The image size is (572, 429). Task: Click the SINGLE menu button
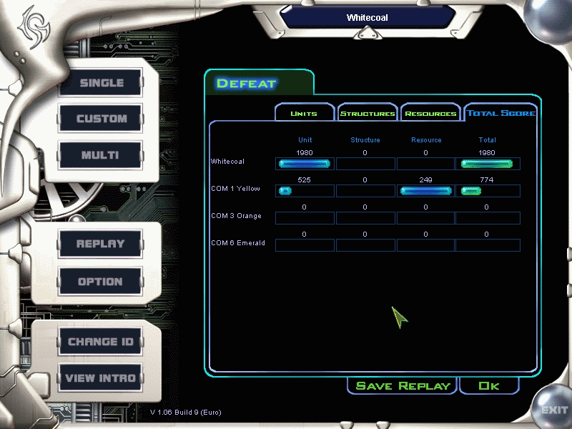[x=101, y=82]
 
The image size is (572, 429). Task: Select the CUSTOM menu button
[x=101, y=118]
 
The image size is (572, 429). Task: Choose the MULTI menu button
[x=100, y=155]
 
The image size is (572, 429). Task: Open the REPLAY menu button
[x=100, y=244]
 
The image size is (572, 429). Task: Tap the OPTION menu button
[x=100, y=281]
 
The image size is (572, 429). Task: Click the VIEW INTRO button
[x=100, y=378]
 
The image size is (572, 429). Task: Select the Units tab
[x=305, y=113]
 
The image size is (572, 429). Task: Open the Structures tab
[x=368, y=113]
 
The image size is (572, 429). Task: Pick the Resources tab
[x=430, y=113]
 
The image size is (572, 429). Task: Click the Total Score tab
[x=501, y=113]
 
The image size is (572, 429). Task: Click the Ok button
[x=489, y=385]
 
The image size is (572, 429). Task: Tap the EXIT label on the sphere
[x=554, y=410]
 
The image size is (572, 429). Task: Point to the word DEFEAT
[x=246, y=84]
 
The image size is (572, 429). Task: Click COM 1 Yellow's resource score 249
[x=425, y=180]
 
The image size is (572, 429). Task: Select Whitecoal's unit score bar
[x=305, y=164]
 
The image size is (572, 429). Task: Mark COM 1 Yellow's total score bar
[x=471, y=191]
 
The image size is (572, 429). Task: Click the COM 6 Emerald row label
[x=238, y=243]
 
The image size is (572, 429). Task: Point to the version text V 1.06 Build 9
[x=186, y=413]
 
